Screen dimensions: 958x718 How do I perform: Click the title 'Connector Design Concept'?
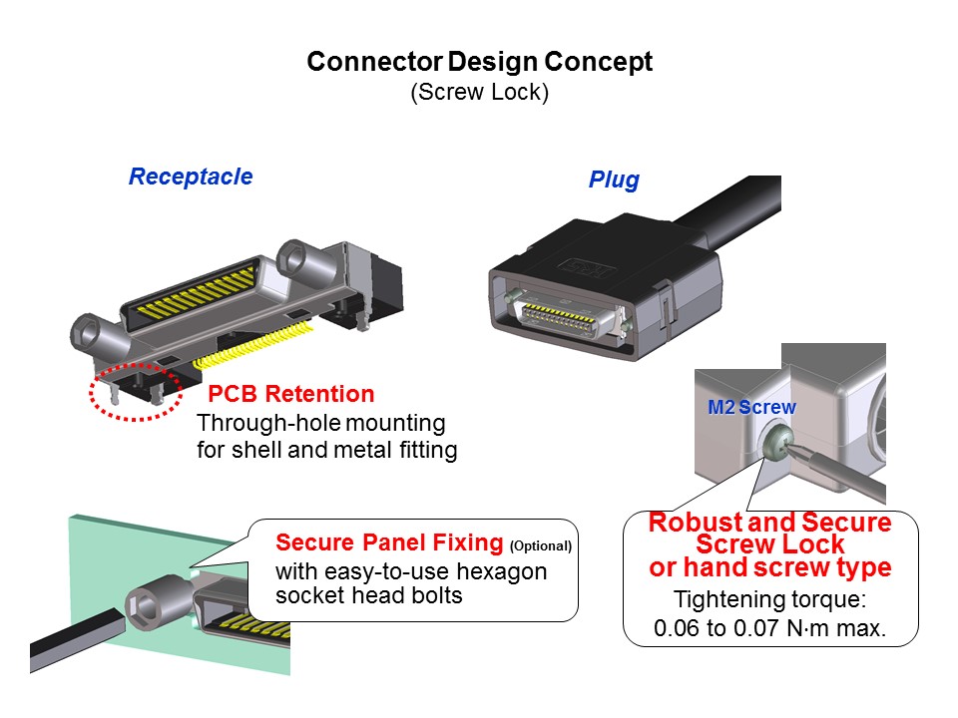click(x=480, y=62)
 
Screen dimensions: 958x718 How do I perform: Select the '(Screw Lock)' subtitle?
click(x=480, y=92)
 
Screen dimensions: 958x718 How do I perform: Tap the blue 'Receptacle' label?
click(x=191, y=177)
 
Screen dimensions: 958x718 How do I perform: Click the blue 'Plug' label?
click(x=614, y=179)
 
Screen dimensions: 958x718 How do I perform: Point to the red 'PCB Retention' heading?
click(x=290, y=394)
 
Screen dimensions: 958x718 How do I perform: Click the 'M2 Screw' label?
click(x=751, y=407)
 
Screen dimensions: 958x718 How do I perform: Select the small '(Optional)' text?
click(x=541, y=545)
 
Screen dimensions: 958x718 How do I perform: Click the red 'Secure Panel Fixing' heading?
click(x=389, y=542)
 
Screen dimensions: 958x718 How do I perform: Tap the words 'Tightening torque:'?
click(x=769, y=599)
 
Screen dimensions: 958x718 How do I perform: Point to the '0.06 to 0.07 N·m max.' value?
click(x=769, y=627)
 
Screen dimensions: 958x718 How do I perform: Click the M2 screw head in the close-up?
click(x=776, y=442)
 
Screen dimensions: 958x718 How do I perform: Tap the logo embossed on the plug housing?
click(x=587, y=267)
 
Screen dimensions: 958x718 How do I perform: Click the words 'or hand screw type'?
click(x=769, y=567)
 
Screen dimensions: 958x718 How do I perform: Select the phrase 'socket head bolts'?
click(x=369, y=596)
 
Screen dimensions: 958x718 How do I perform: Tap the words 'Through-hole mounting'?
click(x=320, y=423)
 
